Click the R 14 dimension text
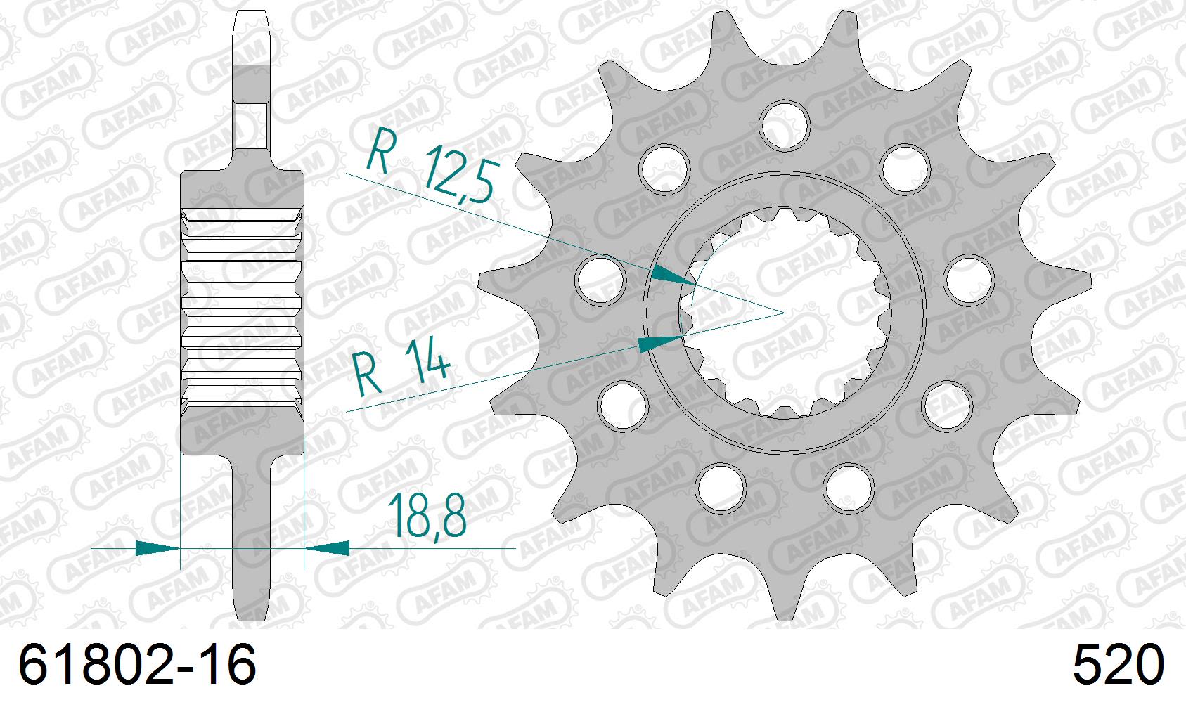[401, 370]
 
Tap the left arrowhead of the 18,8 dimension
[156, 547]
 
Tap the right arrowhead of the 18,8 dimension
[328, 547]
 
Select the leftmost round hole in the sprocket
[600, 280]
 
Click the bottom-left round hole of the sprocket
[722, 487]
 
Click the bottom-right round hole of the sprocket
[849, 487]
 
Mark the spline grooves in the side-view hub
[243, 309]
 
